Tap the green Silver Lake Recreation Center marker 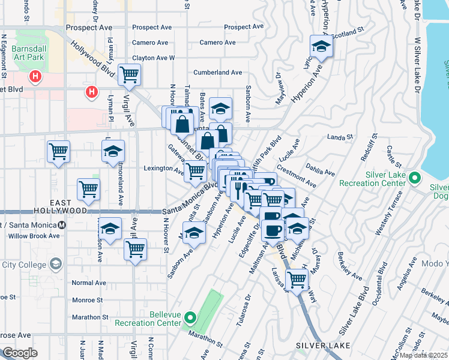click(x=415, y=178)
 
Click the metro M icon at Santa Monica click(x=62, y=225)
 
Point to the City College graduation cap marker click(x=55, y=265)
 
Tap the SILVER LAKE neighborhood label click(x=318, y=346)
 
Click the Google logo click(x=20, y=353)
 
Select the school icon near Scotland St click(x=321, y=47)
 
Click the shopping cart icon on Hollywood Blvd click(x=129, y=75)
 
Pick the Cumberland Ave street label click(x=217, y=73)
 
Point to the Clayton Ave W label click(x=153, y=58)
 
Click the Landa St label click(x=340, y=137)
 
